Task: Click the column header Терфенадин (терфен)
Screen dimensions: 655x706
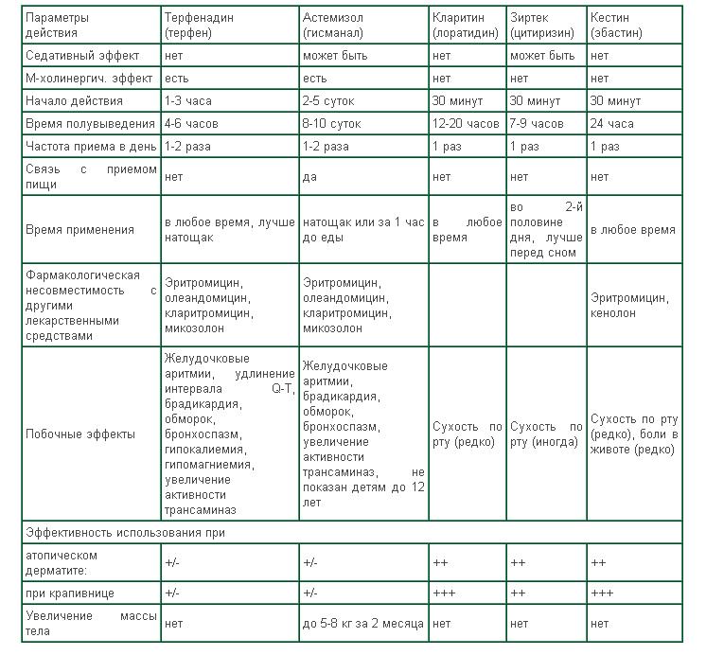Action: coord(202,25)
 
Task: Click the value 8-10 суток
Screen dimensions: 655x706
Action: coord(332,124)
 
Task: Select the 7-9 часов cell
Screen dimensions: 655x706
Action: coord(537,124)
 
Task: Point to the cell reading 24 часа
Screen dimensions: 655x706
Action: coord(611,124)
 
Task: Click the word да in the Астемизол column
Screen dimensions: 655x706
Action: coord(309,176)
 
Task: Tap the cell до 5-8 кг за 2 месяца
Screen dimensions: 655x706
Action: coord(363,624)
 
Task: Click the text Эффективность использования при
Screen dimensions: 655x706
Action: coord(126,533)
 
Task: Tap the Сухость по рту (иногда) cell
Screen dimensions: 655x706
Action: coord(546,434)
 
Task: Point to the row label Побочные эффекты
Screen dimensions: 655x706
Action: coord(79,434)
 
